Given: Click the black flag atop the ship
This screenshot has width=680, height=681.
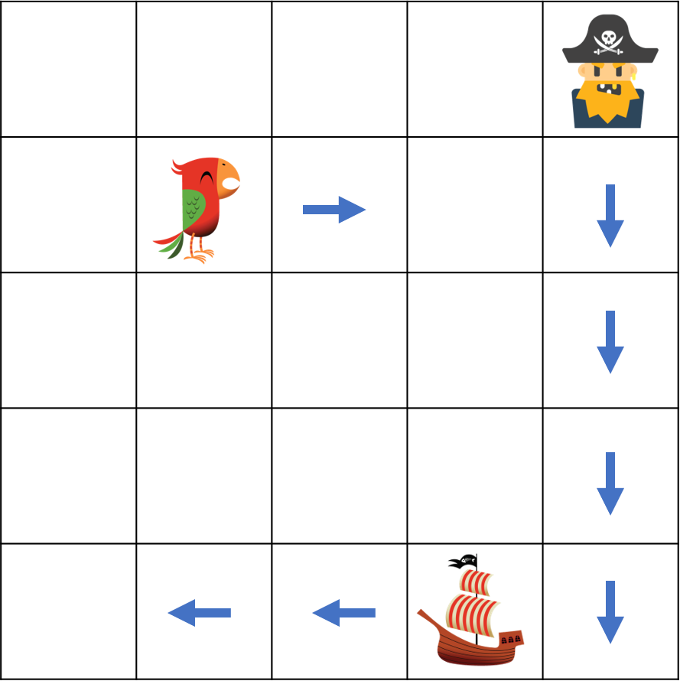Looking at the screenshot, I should (x=463, y=561).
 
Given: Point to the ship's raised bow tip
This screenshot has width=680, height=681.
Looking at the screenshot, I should (x=421, y=614).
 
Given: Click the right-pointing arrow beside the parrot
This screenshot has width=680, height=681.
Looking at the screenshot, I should (x=334, y=209).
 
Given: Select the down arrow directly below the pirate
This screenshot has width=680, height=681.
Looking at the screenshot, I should (x=610, y=216).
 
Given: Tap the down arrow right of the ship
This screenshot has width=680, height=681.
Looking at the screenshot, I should (x=610, y=612).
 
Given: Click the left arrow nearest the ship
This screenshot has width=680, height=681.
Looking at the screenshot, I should (x=343, y=612).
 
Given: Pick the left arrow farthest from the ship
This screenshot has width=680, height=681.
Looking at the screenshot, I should (x=199, y=612).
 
